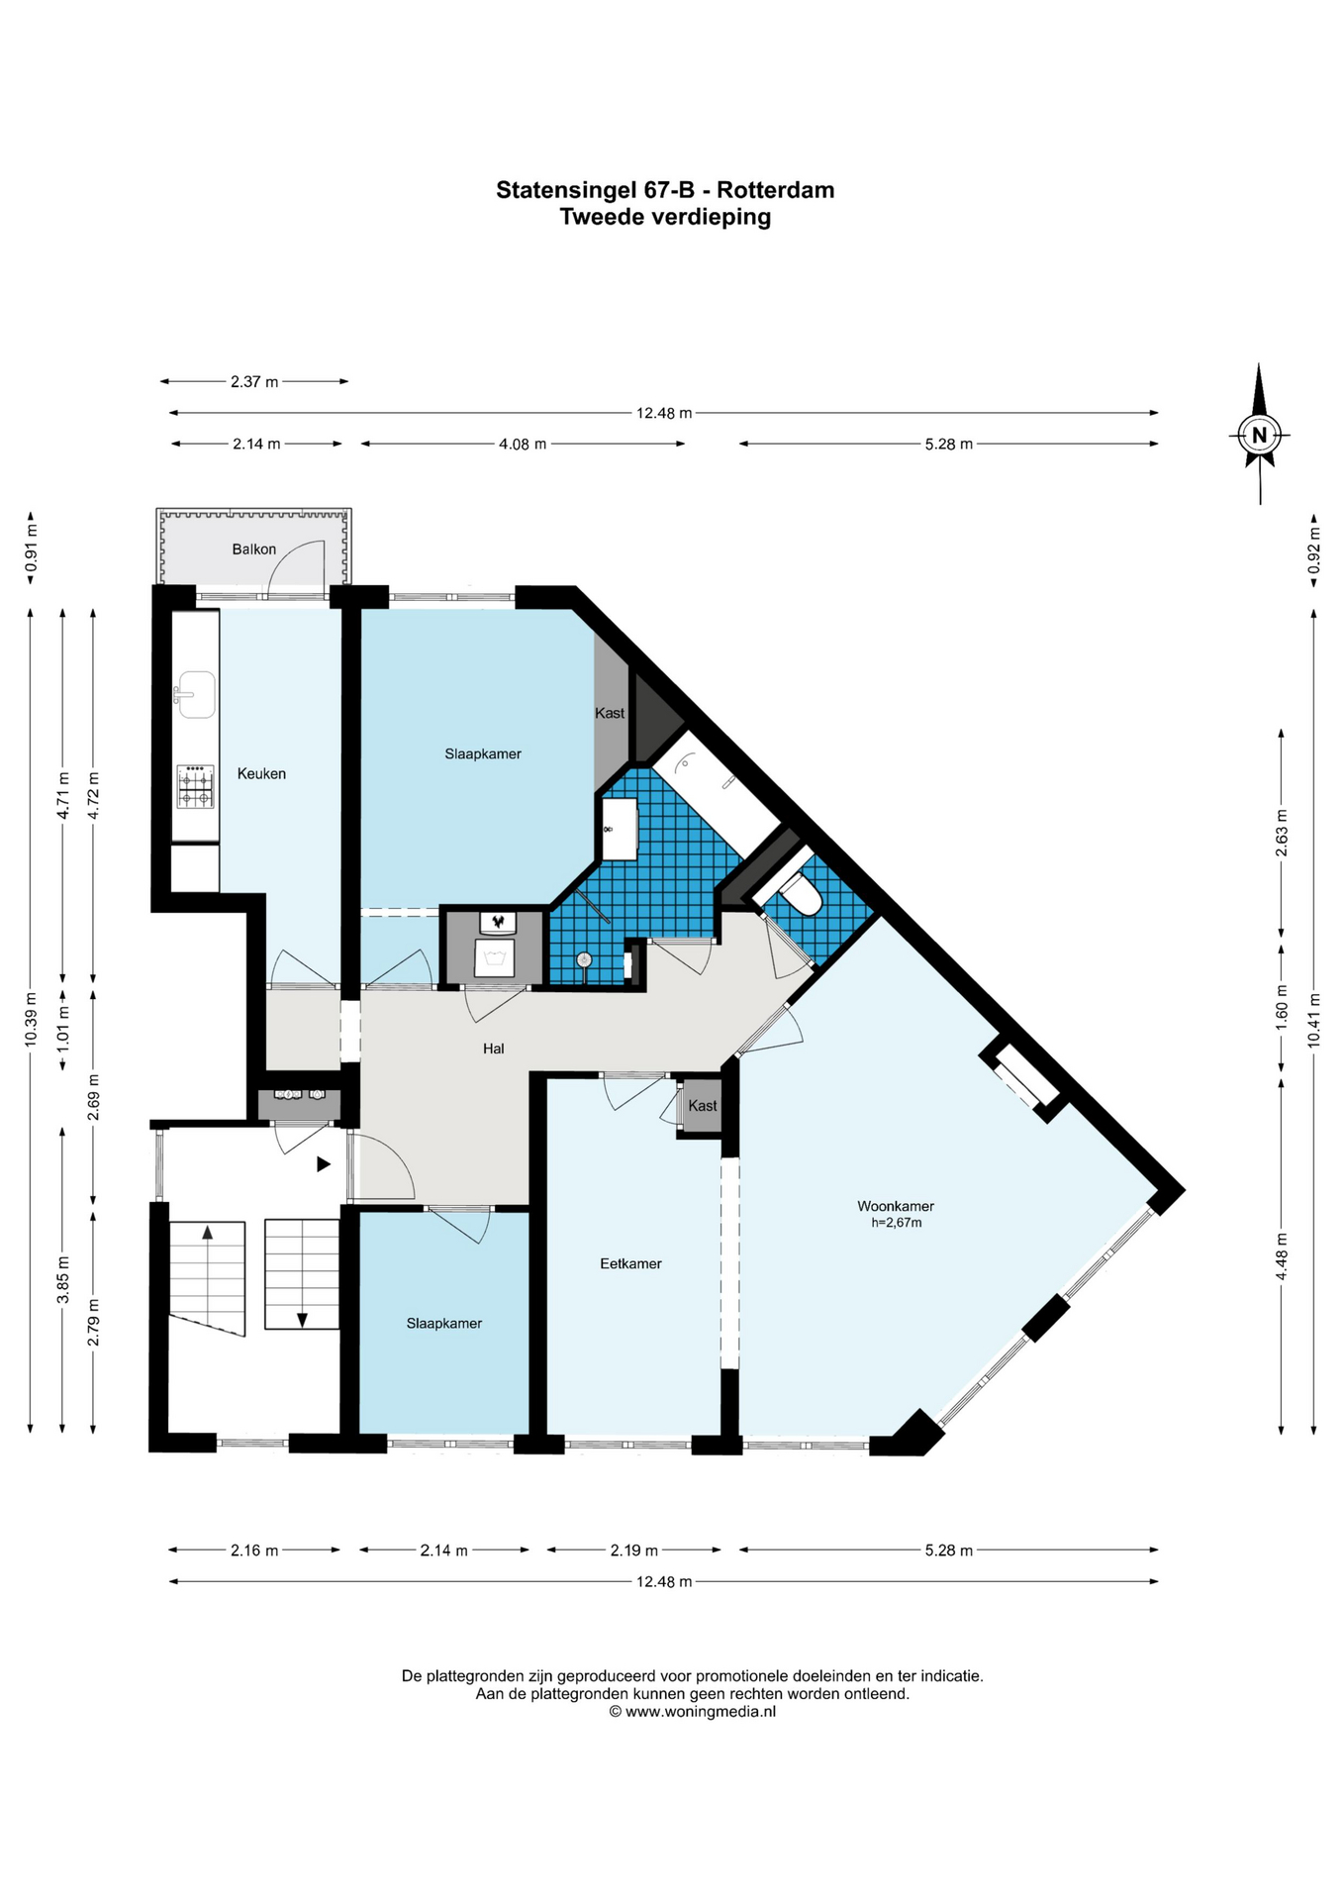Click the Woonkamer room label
(896, 1206)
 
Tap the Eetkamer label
(630, 1263)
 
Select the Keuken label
(261, 773)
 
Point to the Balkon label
(254, 549)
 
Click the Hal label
(493, 1048)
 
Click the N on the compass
(1259, 435)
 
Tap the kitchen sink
(195, 695)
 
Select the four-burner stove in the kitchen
(195, 787)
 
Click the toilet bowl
(803, 896)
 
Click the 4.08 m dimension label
(523, 444)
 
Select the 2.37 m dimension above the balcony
(254, 381)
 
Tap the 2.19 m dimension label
(634, 1550)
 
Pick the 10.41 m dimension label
(1313, 1020)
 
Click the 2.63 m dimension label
(1282, 833)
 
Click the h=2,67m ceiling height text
(897, 1223)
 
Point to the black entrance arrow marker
(323, 1164)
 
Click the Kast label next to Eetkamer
(703, 1105)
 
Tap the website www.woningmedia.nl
(701, 1710)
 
